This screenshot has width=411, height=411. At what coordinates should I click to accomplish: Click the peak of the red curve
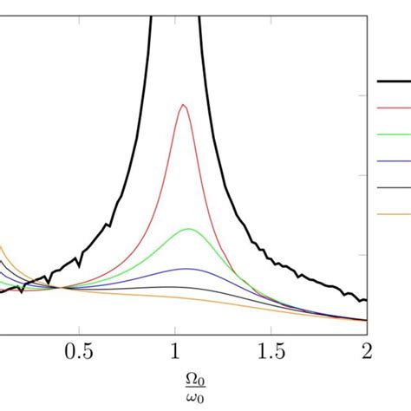(x=183, y=105)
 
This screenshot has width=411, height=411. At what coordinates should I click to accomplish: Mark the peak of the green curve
(x=189, y=229)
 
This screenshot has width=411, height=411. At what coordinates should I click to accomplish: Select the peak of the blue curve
(x=187, y=269)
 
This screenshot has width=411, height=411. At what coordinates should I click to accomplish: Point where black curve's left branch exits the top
(x=153, y=2)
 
